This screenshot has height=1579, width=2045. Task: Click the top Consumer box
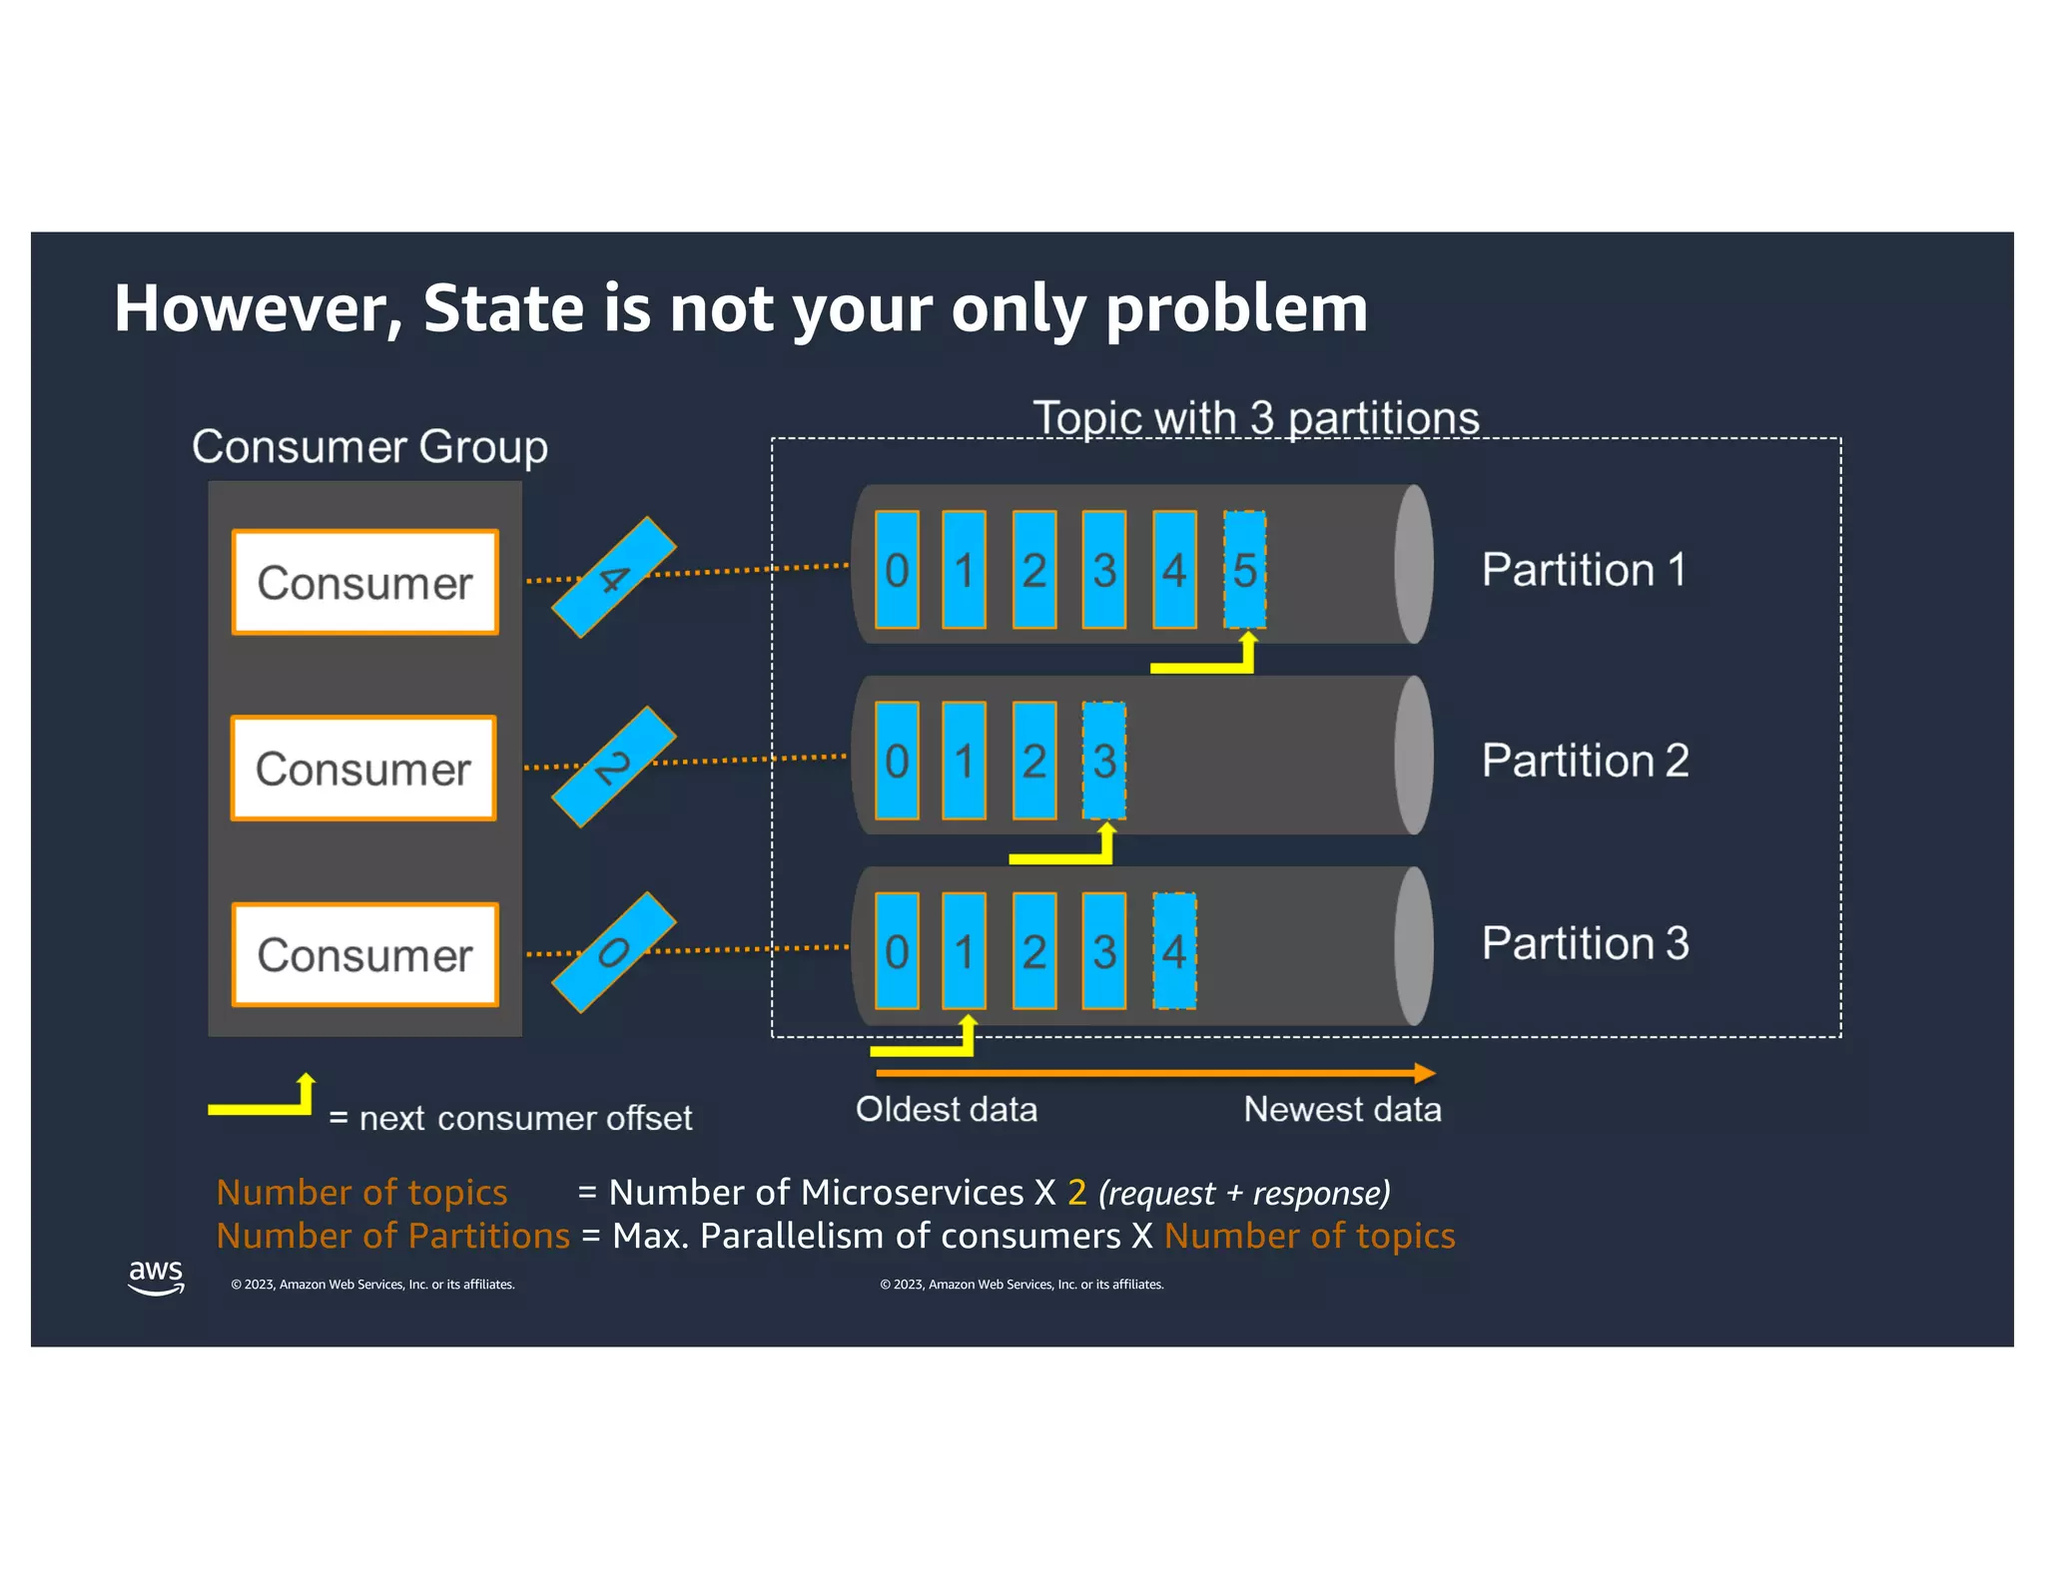point(364,583)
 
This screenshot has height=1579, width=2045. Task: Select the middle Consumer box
point(363,769)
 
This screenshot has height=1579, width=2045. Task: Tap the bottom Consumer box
point(364,955)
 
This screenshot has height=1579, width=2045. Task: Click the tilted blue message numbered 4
point(614,577)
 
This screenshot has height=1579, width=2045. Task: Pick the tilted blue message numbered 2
point(614,767)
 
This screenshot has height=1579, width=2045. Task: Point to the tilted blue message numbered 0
point(614,952)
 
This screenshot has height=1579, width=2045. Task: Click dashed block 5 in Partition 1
point(1244,570)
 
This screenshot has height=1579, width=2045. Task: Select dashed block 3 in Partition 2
point(1103,761)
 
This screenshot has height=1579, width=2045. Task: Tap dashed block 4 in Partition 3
point(1174,951)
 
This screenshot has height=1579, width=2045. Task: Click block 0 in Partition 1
point(897,570)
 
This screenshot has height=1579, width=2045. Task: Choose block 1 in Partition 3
point(964,951)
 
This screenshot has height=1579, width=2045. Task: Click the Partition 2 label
point(1585,761)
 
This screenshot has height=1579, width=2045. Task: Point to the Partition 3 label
point(1585,943)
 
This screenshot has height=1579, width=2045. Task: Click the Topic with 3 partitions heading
point(1255,417)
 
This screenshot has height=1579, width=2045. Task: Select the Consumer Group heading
point(369,446)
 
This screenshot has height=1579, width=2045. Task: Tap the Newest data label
point(1342,1109)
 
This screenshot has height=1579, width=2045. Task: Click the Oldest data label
point(946,1109)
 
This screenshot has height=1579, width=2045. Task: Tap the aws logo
point(156,1277)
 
